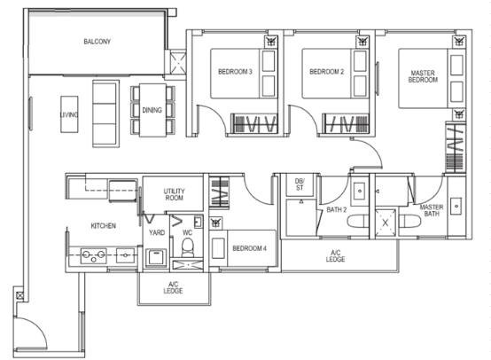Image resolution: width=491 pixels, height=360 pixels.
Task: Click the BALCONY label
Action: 97,42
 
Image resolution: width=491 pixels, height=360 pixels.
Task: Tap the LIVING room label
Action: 69,114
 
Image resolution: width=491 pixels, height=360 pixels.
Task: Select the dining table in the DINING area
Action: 152,110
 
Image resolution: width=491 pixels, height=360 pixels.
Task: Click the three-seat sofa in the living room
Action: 105,113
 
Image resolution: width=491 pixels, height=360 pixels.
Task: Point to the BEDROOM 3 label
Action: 235,72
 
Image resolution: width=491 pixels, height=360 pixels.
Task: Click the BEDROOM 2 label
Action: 327,72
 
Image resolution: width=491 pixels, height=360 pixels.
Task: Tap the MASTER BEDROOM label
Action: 423,76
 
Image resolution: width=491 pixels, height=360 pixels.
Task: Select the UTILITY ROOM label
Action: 174,194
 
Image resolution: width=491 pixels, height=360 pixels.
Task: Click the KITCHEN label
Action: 104,225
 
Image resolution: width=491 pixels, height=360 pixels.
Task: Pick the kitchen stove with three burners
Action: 93,255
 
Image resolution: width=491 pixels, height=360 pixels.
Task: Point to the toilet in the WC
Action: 188,247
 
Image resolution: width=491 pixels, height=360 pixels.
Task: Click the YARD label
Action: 157,232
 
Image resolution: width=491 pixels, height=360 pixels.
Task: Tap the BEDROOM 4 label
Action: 249,248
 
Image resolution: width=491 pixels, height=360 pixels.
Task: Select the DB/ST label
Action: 300,184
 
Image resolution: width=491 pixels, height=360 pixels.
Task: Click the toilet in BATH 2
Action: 358,222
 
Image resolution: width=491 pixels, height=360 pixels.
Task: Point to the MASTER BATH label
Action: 432,210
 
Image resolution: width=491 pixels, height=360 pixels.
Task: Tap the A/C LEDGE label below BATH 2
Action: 335,255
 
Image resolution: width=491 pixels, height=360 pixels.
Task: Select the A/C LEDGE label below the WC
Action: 173,287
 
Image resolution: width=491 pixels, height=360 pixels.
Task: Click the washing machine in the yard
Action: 157,257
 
